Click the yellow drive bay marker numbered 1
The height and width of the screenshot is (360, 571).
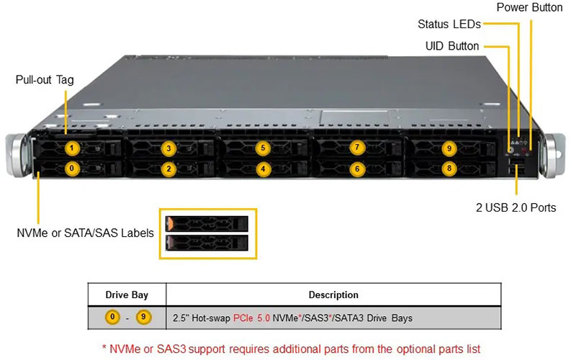click(71, 149)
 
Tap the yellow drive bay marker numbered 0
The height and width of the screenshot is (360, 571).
click(71, 169)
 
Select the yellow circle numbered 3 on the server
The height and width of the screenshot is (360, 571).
click(168, 149)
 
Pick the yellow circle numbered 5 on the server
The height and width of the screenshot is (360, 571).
click(263, 149)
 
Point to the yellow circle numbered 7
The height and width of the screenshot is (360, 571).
click(357, 148)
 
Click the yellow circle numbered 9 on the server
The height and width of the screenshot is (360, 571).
click(449, 149)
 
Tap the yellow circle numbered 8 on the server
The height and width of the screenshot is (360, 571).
click(449, 169)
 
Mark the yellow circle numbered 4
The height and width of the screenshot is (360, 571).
click(263, 170)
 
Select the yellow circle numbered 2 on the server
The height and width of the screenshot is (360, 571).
click(168, 170)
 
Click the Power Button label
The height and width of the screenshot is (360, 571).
click(530, 8)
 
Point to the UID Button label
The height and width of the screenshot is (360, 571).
click(451, 46)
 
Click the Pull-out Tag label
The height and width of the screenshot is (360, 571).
click(45, 80)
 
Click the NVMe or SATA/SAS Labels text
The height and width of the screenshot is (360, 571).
click(85, 233)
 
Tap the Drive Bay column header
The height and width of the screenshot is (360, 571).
click(127, 294)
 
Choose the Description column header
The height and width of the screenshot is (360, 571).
click(333, 294)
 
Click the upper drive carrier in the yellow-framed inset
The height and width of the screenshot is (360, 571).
click(207, 222)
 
